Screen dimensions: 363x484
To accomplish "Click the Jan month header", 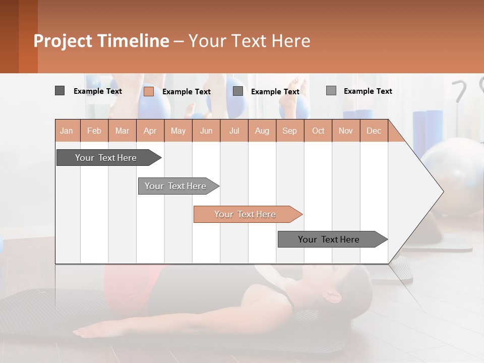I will coord(67,131).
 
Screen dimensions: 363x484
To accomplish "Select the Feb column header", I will coord(94,131).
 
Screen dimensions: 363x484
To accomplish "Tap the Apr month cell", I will coord(150,131).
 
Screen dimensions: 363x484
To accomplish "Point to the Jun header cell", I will coord(206,131).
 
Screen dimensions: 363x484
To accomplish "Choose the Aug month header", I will coord(262,131).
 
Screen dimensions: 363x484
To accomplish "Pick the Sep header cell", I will coord(290,131).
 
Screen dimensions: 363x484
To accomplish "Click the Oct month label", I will coord(318,131).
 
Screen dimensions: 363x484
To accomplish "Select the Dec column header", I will coord(374,131).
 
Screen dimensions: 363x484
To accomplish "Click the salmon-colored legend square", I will coord(149,91).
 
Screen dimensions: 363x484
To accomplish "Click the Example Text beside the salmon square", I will coord(187,92).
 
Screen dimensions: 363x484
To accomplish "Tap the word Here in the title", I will coord(291,41).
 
